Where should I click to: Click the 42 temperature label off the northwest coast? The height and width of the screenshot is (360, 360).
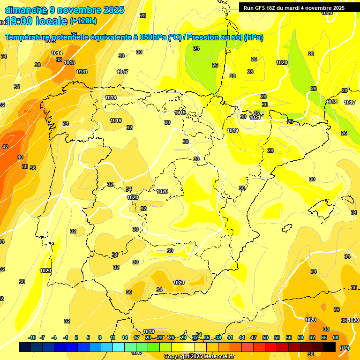(5, 147)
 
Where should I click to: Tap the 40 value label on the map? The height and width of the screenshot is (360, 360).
(20, 157)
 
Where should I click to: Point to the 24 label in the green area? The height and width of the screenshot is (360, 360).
(196, 48)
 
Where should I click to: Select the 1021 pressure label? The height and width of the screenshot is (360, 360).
(255, 117)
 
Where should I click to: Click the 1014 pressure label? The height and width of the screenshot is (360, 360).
(57, 53)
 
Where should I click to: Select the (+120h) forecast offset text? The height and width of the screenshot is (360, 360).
(83, 21)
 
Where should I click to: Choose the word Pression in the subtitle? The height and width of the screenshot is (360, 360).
(203, 37)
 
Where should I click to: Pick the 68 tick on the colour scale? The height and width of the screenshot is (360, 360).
(336, 337)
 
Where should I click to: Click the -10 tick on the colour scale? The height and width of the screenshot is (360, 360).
(32, 337)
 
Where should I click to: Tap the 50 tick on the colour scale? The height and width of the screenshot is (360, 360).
(265, 337)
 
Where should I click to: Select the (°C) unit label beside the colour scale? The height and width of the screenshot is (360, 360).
(345, 347)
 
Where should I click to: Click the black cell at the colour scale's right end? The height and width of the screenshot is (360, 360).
(330, 347)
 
